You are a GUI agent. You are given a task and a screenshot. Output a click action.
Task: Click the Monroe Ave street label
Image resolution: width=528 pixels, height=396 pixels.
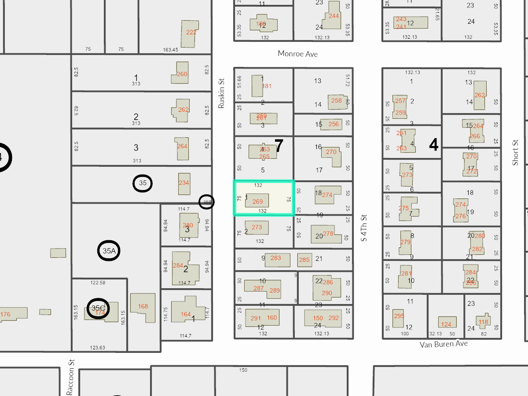[297, 54]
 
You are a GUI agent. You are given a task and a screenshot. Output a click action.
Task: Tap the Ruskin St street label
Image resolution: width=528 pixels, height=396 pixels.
[221, 93]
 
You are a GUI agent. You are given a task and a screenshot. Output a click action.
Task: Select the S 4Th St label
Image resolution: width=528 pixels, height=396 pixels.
[363, 228]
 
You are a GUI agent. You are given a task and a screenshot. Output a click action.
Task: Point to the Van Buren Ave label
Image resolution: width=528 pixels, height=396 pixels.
[444, 344]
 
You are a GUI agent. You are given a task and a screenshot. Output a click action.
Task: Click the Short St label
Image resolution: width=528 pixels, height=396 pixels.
[516, 153]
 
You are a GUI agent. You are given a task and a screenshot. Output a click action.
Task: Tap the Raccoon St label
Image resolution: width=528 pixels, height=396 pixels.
[70, 377]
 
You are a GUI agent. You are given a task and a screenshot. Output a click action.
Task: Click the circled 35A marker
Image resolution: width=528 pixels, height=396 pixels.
[109, 251]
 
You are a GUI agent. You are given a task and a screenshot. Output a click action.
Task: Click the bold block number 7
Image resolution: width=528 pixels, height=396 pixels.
[279, 146]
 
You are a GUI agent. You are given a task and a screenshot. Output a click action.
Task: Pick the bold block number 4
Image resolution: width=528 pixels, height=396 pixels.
[434, 145]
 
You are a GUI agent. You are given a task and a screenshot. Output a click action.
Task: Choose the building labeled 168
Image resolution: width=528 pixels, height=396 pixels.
[143, 307]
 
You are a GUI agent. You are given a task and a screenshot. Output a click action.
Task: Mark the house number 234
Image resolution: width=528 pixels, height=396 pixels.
[184, 183]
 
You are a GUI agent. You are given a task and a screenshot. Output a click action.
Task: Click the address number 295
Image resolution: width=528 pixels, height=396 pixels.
[399, 316]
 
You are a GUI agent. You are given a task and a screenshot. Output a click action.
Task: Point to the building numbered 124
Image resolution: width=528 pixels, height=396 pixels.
[446, 324]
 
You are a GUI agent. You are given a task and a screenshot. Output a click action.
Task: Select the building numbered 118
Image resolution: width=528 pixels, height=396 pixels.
[483, 322]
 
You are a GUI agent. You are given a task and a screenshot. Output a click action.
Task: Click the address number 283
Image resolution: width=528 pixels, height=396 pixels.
[276, 258]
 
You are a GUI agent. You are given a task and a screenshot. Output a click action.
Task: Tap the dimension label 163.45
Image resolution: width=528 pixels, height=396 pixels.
[170, 50]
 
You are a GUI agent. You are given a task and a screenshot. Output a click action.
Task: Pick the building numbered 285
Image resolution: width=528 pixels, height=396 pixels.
[304, 260]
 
